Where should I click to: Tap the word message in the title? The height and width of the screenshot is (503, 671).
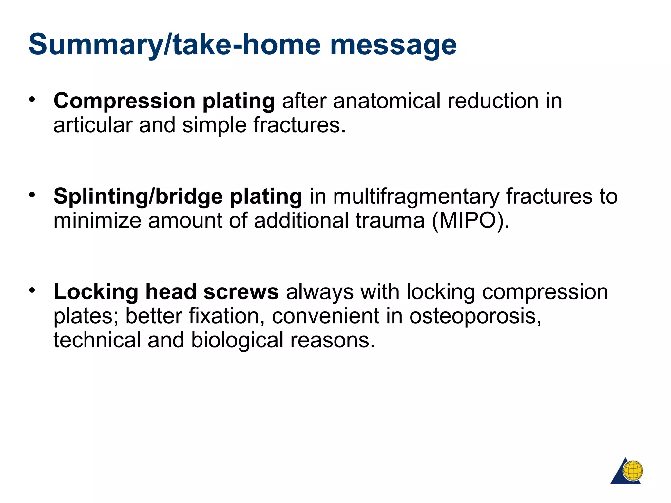pyautogui.click(x=393, y=45)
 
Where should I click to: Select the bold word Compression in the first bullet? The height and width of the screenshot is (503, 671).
pyautogui.click(x=125, y=101)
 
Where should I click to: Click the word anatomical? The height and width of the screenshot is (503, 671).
pyautogui.click(x=387, y=101)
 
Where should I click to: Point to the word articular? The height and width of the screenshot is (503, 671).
pyautogui.click(x=93, y=125)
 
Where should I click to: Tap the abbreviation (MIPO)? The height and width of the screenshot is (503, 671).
pyautogui.click(x=470, y=220)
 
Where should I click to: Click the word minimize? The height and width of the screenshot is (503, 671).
pyautogui.click(x=97, y=220)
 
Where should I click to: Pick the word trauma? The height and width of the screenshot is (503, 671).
pyautogui.click(x=390, y=220)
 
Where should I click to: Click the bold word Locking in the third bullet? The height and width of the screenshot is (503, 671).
pyautogui.click(x=96, y=292)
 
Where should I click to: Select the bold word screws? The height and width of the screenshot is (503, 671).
pyautogui.click(x=241, y=292)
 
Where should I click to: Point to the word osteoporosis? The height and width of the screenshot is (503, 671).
pyautogui.click(x=475, y=316)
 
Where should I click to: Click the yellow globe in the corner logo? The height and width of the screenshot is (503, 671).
pyautogui.click(x=633, y=471)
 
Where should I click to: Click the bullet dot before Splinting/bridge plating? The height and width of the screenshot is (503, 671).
pyautogui.click(x=32, y=195)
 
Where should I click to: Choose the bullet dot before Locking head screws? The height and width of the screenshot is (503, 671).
pyautogui.click(x=32, y=290)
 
